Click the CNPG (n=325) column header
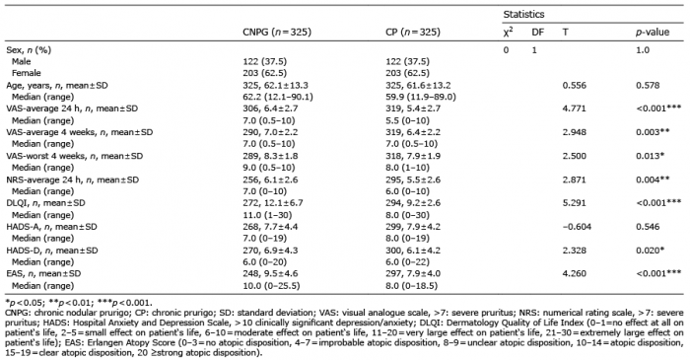(x=277, y=33)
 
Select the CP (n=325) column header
(x=412, y=33)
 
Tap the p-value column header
(x=653, y=33)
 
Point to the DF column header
(x=538, y=33)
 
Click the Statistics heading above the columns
(x=523, y=14)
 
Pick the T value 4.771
(x=575, y=108)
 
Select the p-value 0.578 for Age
(x=648, y=85)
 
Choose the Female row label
(x=27, y=73)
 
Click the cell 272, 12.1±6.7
(x=273, y=203)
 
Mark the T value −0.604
(x=577, y=227)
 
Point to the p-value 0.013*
(x=651, y=156)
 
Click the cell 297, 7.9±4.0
(x=413, y=273)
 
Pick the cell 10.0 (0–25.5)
(x=271, y=286)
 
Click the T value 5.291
(x=575, y=203)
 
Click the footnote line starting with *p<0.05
(x=79, y=303)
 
